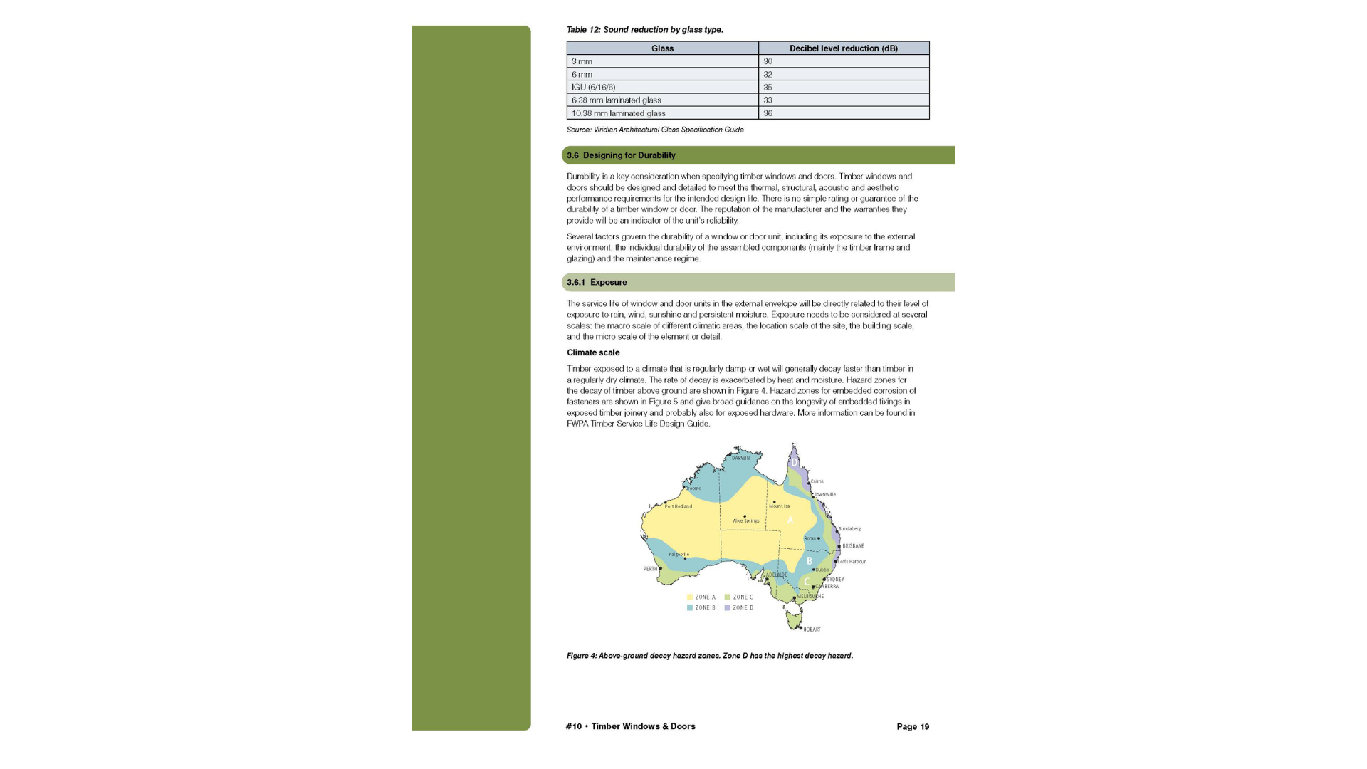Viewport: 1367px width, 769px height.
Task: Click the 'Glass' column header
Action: coord(662,48)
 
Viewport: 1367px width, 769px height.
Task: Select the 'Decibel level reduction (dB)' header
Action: coord(843,48)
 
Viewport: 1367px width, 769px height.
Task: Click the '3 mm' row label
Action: coord(582,62)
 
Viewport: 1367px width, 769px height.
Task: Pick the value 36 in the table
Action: coord(768,113)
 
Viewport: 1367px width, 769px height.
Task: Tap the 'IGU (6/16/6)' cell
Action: coord(593,88)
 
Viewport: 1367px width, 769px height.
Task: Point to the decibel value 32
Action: coord(768,75)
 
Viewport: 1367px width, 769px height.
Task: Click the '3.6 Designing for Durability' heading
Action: coord(621,155)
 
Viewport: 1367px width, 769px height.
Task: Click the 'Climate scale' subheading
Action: coord(593,352)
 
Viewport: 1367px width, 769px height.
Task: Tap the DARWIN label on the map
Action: coord(740,459)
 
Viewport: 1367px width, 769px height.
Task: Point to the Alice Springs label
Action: coord(746,520)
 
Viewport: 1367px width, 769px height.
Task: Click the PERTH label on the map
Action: coord(650,569)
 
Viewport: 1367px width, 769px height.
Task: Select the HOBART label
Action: coord(812,629)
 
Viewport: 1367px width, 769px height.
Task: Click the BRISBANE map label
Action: coord(853,546)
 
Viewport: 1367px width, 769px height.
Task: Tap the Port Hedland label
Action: coord(678,506)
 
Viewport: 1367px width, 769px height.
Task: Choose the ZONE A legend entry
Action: coord(701,597)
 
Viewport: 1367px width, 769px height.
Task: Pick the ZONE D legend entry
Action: coord(739,608)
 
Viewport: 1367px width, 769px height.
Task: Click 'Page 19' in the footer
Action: coord(913,727)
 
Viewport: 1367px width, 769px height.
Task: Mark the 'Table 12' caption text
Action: coord(644,30)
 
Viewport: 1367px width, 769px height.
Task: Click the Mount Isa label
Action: coord(779,506)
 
